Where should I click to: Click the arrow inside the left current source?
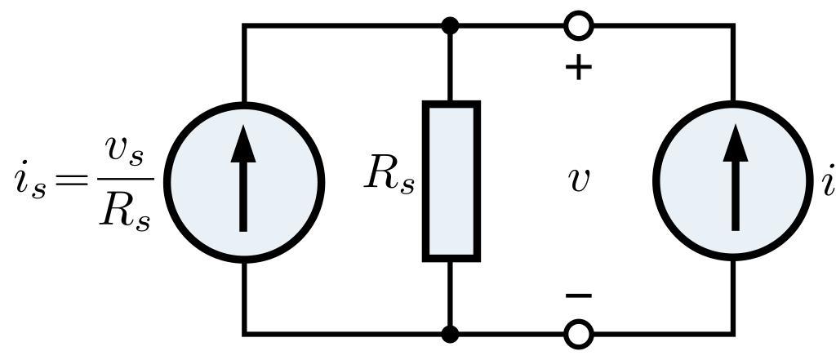242,181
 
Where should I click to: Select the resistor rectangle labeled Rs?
451,181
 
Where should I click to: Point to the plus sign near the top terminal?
579,68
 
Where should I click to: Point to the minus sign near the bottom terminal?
579,296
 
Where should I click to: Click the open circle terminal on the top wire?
579,26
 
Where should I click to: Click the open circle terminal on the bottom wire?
579,333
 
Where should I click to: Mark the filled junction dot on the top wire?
450,26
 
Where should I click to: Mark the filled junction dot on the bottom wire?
450,333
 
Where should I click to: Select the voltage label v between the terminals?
578,180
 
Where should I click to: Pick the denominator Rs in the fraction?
124,211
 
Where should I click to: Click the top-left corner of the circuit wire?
243,26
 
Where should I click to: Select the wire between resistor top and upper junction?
450,65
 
